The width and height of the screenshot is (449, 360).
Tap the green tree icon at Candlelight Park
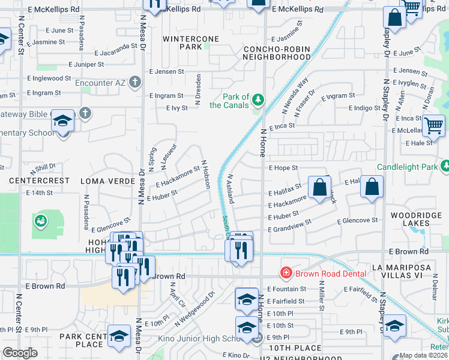pyautogui.click(x=444, y=165)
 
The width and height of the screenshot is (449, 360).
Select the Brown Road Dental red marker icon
pyautogui.click(x=286, y=273)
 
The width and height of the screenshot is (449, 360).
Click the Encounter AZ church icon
pyautogui.click(x=136, y=82)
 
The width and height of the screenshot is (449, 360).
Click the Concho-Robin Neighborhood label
pyautogui.click(x=277, y=52)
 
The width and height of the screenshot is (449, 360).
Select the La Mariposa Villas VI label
pyautogui.click(x=410, y=271)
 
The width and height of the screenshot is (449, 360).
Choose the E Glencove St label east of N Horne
pyautogui.click(x=357, y=220)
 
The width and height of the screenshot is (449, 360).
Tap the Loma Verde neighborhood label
pyautogui.click(x=105, y=181)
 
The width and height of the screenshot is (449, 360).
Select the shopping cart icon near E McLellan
pyautogui.click(x=433, y=125)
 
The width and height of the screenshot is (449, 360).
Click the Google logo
pyautogui.click(x=20, y=353)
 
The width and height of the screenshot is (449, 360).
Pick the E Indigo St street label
pyautogui.click(x=364, y=108)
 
